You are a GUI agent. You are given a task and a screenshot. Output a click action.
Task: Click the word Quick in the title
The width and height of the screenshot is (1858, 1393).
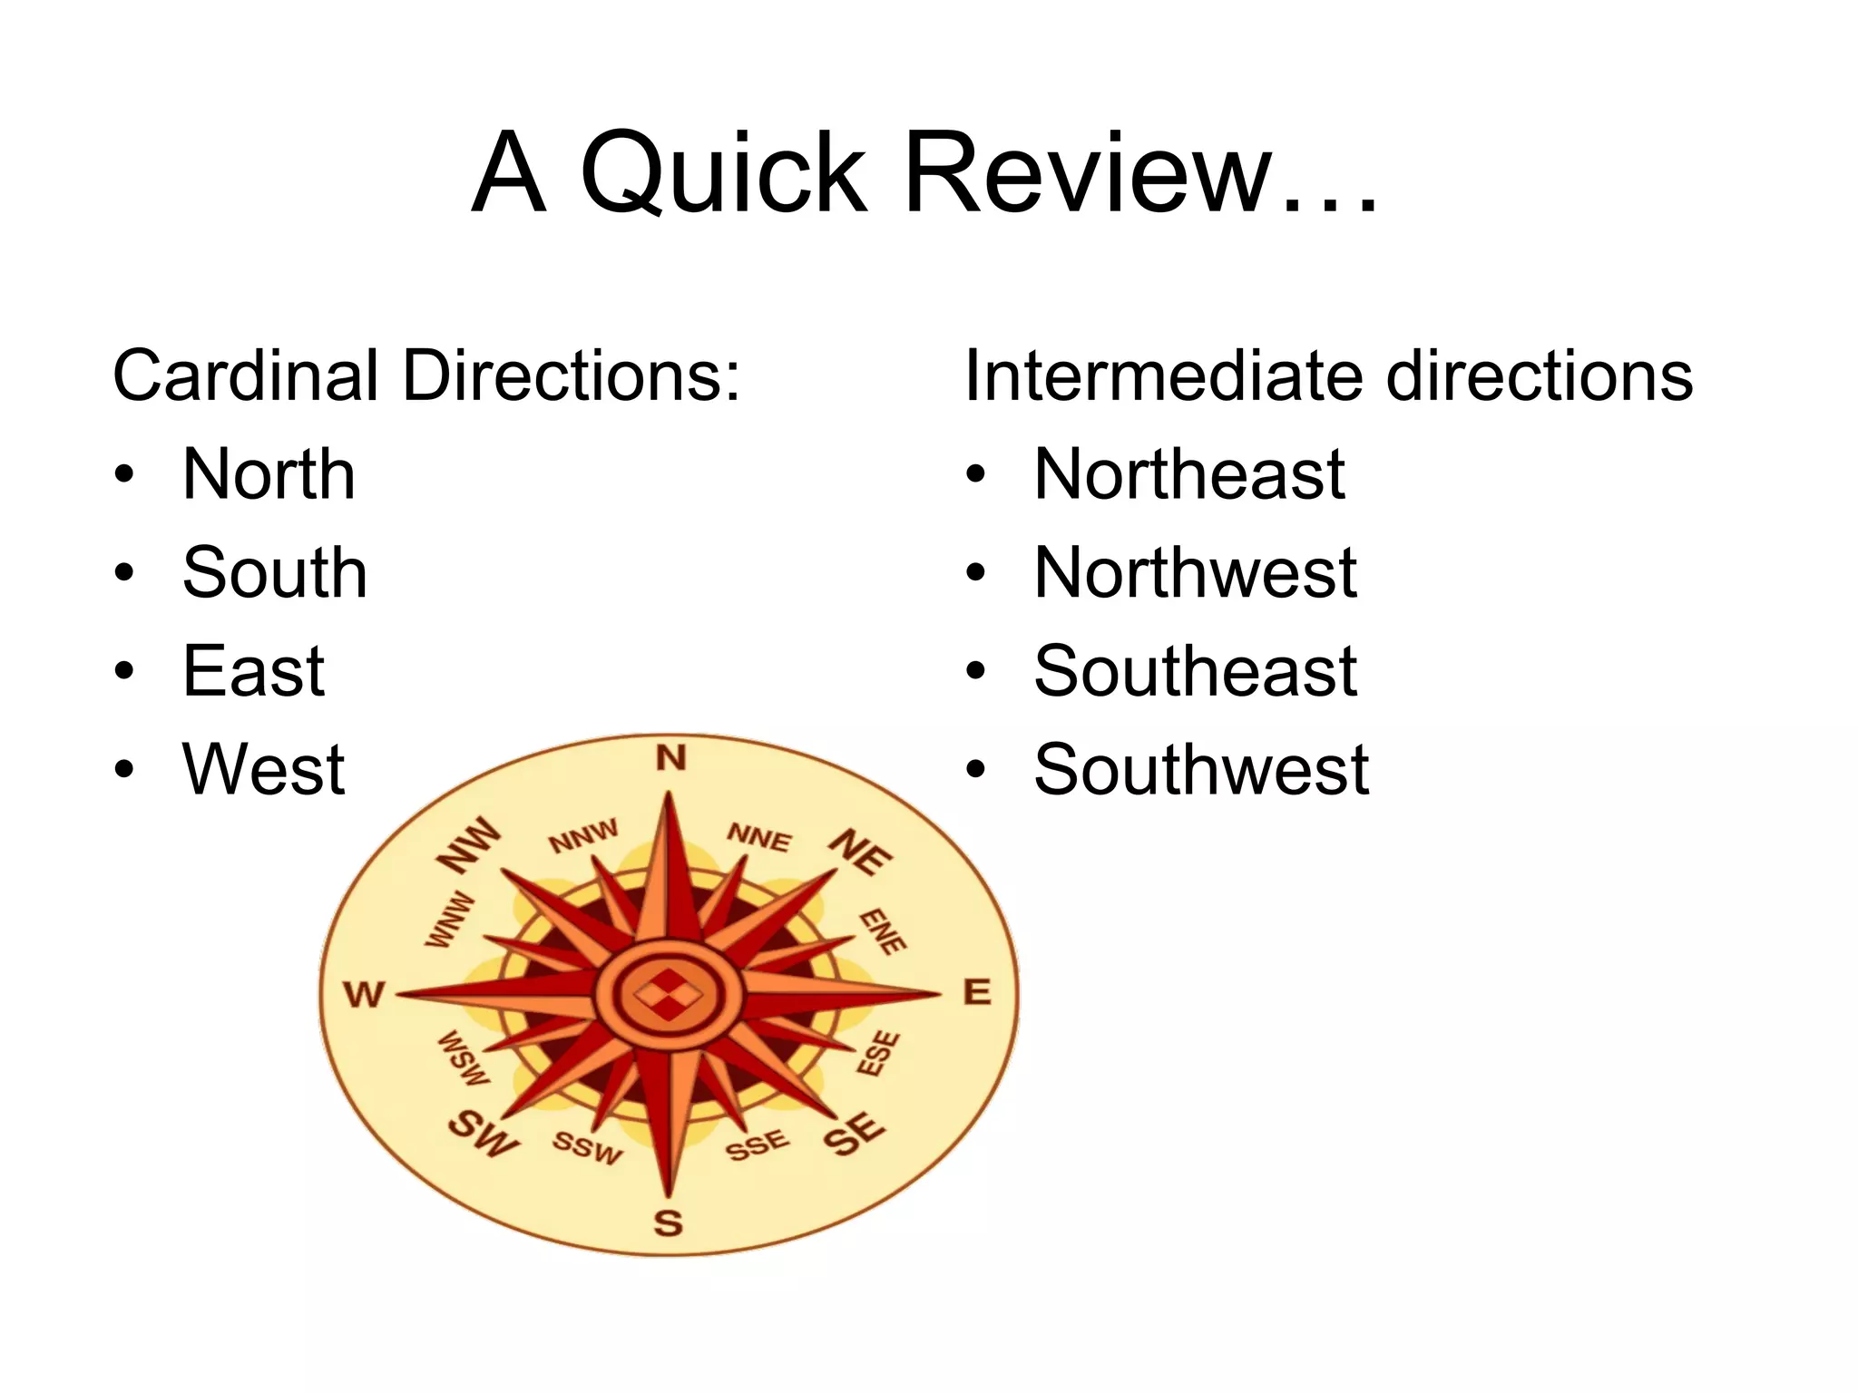coord(723,173)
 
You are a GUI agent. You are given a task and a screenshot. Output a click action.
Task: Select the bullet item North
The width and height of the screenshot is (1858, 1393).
coord(269,474)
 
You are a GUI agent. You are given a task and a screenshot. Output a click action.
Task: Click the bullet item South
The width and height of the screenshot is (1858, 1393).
coord(275,573)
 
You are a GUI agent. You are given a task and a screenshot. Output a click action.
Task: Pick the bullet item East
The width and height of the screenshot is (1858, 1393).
coord(253,671)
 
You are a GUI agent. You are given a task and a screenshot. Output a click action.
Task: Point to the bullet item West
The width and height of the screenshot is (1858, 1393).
coord(263,770)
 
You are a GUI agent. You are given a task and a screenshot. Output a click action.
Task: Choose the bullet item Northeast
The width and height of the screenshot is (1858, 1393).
coord(1189,474)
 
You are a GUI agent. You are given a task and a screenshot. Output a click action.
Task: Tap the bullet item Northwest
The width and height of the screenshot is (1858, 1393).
coord(1196,573)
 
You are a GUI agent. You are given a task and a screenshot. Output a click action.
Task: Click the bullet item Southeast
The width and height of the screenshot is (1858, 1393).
coord(1196,671)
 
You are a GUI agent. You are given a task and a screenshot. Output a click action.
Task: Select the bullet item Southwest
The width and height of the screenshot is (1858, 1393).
coord(1201,770)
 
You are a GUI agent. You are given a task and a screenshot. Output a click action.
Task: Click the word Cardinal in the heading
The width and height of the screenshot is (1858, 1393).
coord(245,375)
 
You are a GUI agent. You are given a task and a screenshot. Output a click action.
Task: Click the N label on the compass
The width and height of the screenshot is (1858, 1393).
coord(671,757)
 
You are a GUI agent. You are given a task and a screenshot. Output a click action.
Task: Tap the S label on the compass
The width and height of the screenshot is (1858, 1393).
coord(669,1223)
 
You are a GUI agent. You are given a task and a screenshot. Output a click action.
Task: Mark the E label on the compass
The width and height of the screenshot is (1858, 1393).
coord(977,992)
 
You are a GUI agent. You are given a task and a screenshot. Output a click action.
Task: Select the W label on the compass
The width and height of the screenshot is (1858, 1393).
coord(365,995)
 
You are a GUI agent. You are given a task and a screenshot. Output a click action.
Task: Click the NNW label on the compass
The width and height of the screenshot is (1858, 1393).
coord(583,836)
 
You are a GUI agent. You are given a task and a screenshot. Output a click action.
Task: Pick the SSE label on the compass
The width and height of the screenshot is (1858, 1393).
coord(757,1145)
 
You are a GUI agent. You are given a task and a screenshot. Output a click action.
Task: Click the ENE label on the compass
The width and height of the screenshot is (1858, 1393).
coord(883,931)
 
